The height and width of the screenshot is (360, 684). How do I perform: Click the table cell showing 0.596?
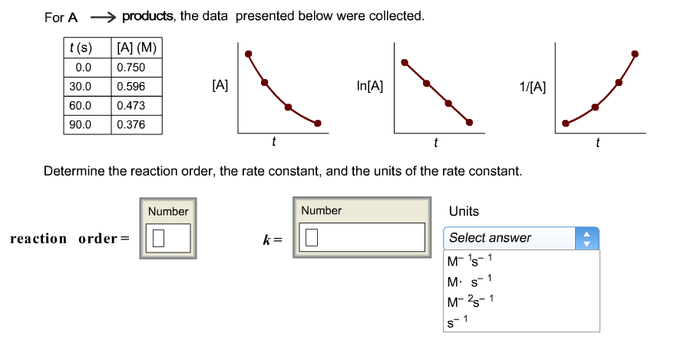[x=135, y=87]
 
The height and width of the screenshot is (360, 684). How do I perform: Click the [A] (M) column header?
[x=136, y=48]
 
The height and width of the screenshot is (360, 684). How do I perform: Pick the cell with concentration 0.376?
[x=135, y=124]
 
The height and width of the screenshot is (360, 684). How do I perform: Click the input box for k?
[x=363, y=238]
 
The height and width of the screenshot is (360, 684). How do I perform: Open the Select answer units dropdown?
[x=520, y=238]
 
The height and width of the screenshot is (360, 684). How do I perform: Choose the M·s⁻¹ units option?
[x=469, y=280]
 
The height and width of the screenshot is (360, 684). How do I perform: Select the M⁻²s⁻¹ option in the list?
[x=469, y=301]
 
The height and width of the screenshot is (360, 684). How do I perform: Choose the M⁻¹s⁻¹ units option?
[x=469, y=261]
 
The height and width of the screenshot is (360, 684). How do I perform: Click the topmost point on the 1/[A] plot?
[x=634, y=53]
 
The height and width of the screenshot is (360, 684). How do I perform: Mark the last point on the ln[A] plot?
[x=471, y=122]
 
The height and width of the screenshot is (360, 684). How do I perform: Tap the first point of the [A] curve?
[x=248, y=53]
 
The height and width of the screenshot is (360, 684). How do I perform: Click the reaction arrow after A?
[x=103, y=16]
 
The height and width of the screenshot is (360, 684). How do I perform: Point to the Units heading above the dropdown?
[x=464, y=211]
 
